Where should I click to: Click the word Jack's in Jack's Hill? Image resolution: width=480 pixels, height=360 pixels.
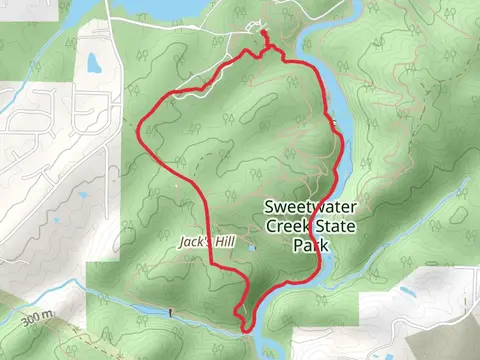click(194, 242)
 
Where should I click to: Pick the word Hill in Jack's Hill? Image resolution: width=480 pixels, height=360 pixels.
click(221, 242)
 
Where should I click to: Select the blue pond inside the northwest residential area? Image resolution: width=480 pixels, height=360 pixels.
click(93, 64)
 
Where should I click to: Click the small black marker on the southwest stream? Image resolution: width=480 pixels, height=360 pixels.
click(172, 313)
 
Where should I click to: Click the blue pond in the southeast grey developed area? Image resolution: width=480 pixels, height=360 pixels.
click(407, 293)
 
